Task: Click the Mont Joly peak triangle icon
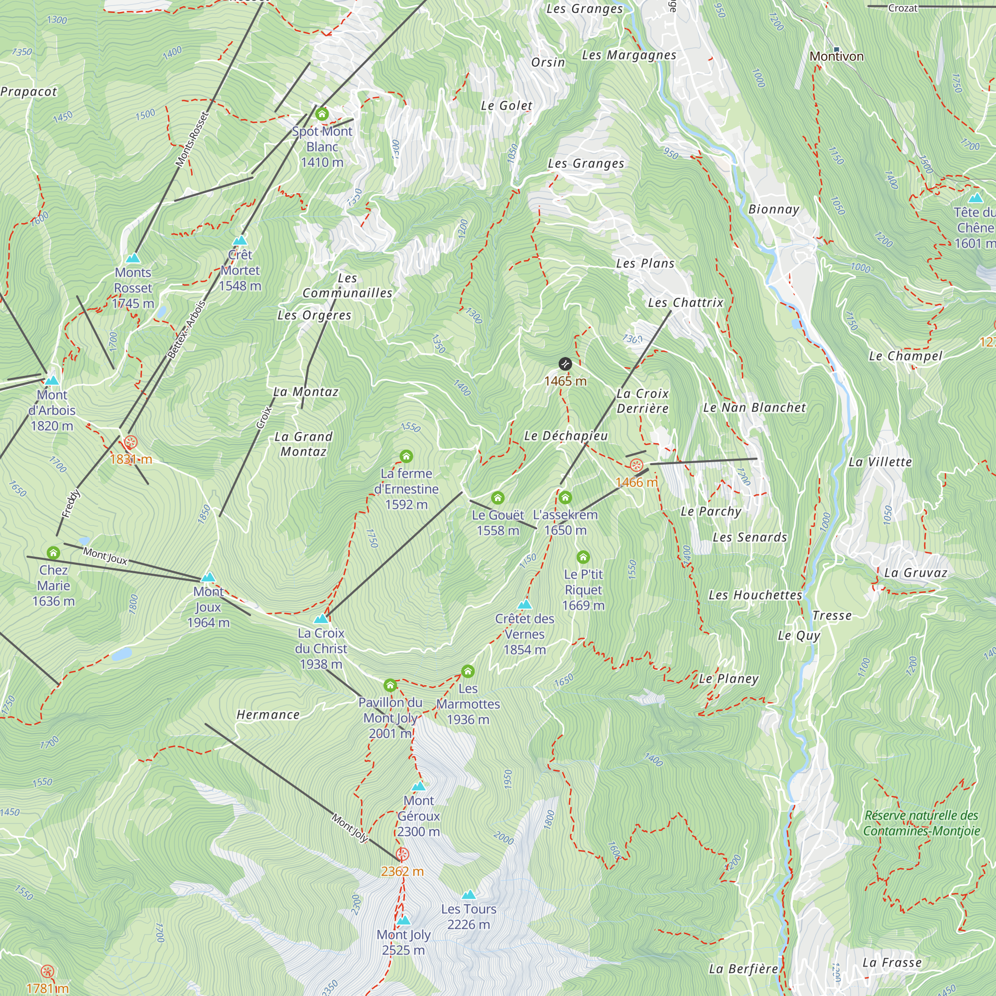tap(404, 920)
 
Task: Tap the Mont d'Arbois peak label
tap(52, 410)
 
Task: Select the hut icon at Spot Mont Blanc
tap(322, 114)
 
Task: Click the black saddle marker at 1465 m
tap(565, 364)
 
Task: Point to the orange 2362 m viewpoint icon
tap(402, 855)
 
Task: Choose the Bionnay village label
tap(773, 209)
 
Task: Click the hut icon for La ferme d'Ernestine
tap(406, 456)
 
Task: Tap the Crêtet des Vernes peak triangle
tap(524, 604)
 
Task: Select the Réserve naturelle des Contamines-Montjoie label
tap(921, 823)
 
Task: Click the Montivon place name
tap(836, 56)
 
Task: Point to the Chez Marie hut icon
tap(53, 553)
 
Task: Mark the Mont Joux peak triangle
tap(208, 577)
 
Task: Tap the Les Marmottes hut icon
tap(468, 671)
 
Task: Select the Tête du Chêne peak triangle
tap(976, 198)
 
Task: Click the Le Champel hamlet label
tap(905, 356)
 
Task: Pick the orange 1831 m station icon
tap(131, 442)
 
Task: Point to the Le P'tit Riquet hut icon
tap(583, 557)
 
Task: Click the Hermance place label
tap(267, 715)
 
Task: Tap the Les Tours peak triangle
tap(468, 894)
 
